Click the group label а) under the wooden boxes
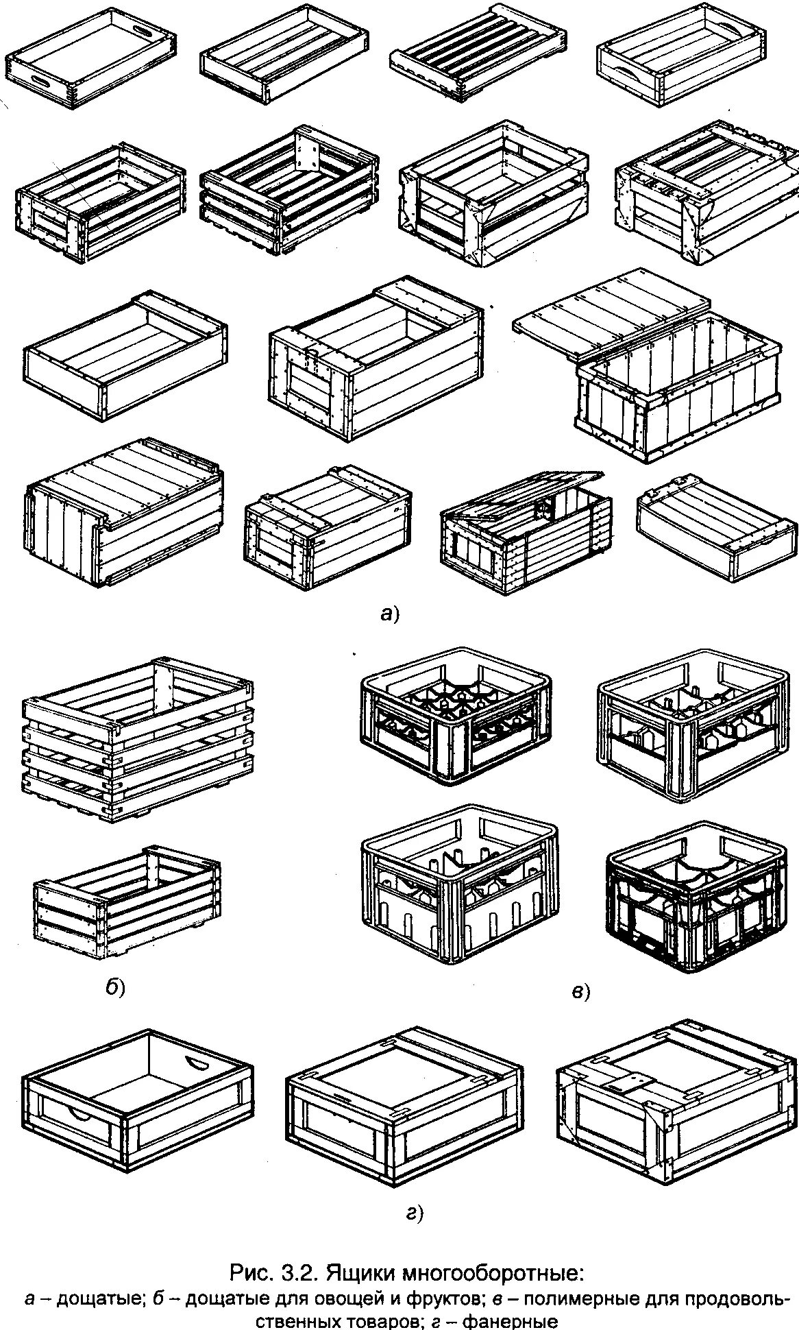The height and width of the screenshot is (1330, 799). point(389,614)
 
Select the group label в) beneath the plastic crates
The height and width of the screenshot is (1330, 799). point(580,991)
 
